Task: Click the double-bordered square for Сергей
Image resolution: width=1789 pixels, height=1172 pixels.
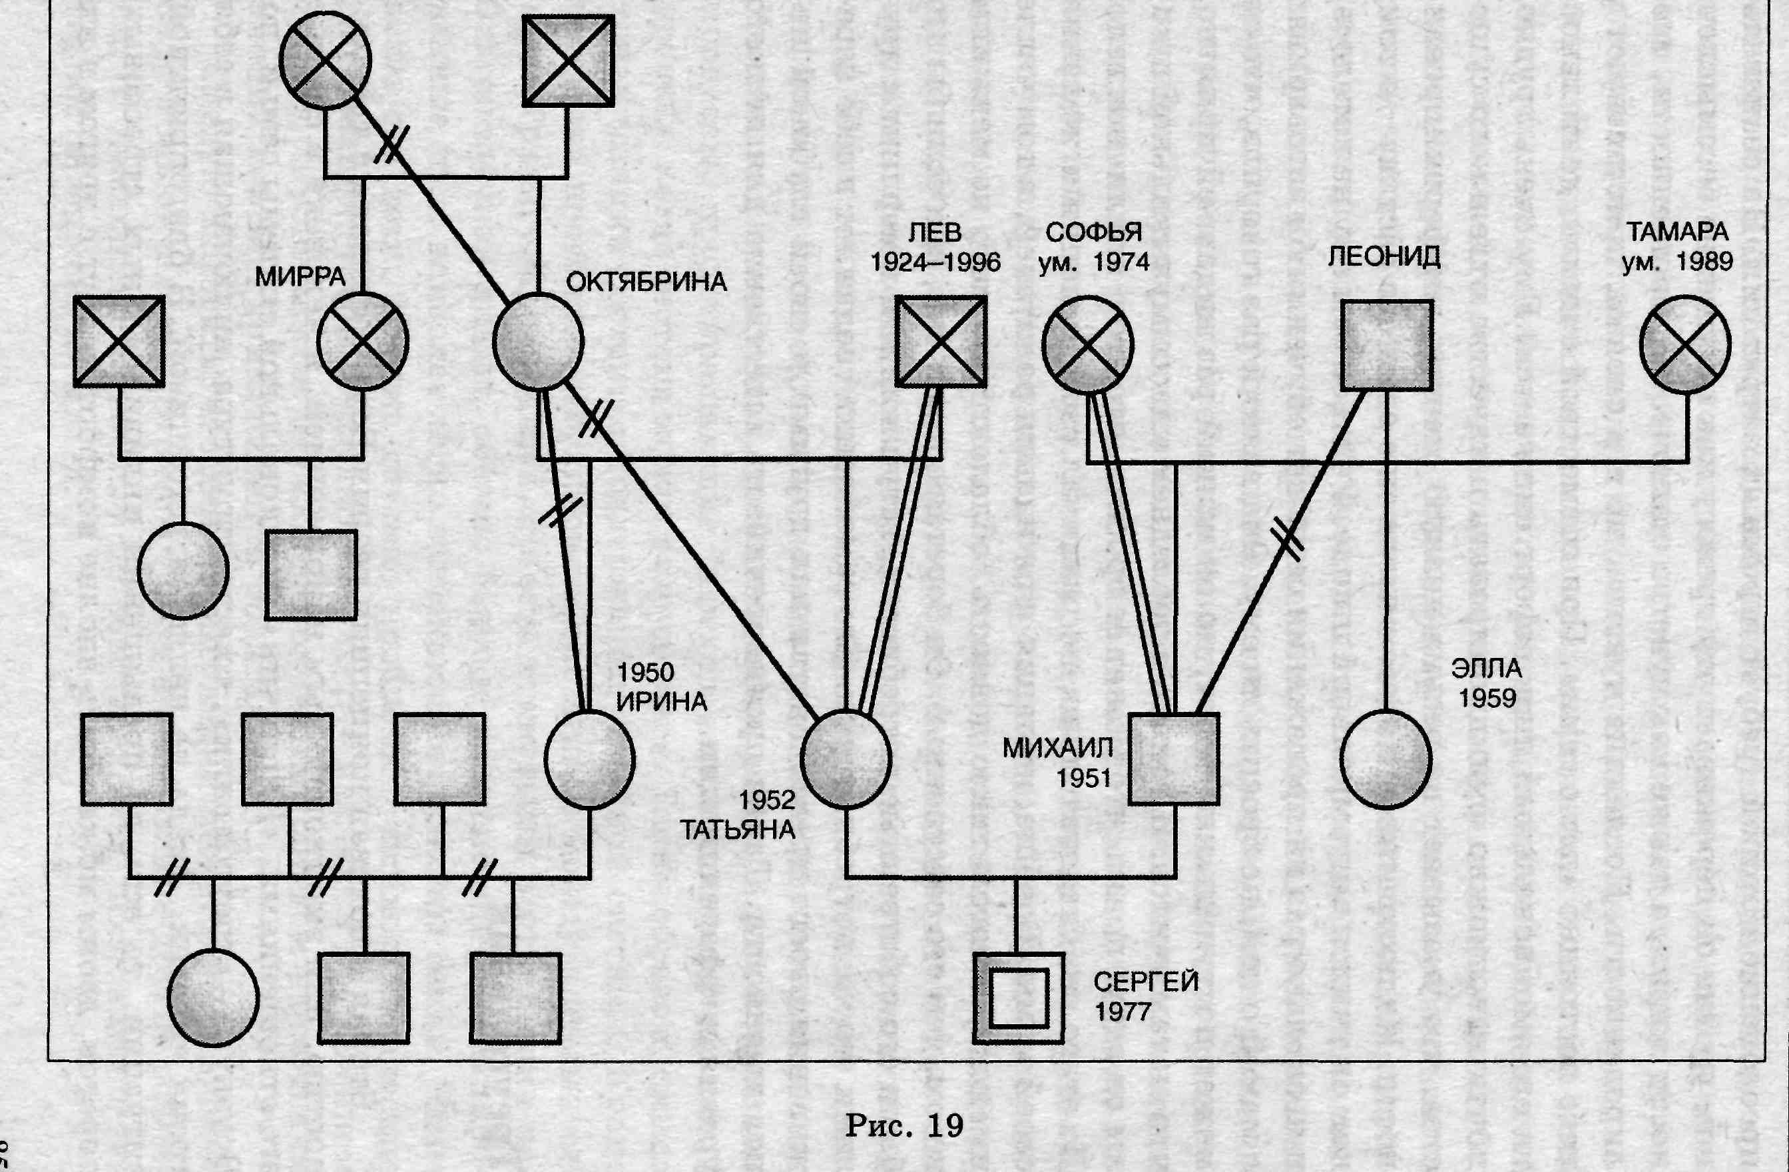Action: click(1019, 998)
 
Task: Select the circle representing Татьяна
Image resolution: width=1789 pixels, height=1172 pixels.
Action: click(846, 758)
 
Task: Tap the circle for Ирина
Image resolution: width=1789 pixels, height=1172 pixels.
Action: click(589, 759)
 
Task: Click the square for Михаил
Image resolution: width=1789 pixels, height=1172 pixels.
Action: click(1174, 758)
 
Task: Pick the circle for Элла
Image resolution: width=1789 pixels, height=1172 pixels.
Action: click(1386, 759)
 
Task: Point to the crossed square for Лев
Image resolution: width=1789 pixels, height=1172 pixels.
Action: click(940, 342)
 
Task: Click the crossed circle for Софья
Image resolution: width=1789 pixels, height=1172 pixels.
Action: click(1087, 344)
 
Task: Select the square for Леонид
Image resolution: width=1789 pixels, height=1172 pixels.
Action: click(1387, 345)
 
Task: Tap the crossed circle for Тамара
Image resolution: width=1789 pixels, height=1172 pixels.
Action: click(1685, 344)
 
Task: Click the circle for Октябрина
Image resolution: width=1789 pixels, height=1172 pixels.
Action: click(538, 342)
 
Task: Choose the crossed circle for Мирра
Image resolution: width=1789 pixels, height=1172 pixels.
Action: click(362, 342)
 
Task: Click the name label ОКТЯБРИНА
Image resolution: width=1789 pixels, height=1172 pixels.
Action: click(646, 282)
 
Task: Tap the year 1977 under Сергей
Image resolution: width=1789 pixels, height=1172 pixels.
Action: click(1123, 1012)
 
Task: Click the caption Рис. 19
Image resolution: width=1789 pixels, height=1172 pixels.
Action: click(904, 1126)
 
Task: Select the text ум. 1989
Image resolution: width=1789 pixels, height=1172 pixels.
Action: click(1678, 262)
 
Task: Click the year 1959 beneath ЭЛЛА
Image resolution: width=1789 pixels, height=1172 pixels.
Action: click(1487, 699)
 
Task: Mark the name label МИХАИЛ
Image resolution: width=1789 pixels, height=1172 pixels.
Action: click(1057, 748)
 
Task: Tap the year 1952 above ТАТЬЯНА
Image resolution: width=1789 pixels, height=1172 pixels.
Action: click(767, 800)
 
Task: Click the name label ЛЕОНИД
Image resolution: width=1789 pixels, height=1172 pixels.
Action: click(1384, 257)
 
